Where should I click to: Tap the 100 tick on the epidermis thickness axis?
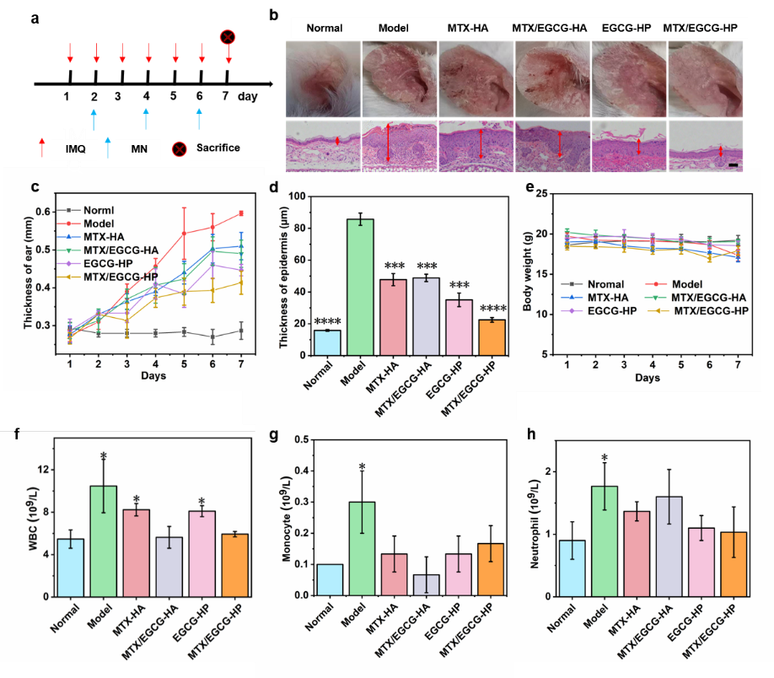tap(294, 196)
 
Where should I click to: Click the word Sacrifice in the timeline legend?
tap(218, 148)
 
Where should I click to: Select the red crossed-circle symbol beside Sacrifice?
tap(179, 149)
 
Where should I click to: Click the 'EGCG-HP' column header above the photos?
tap(628, 28)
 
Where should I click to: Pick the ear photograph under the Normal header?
tap(324, 80)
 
